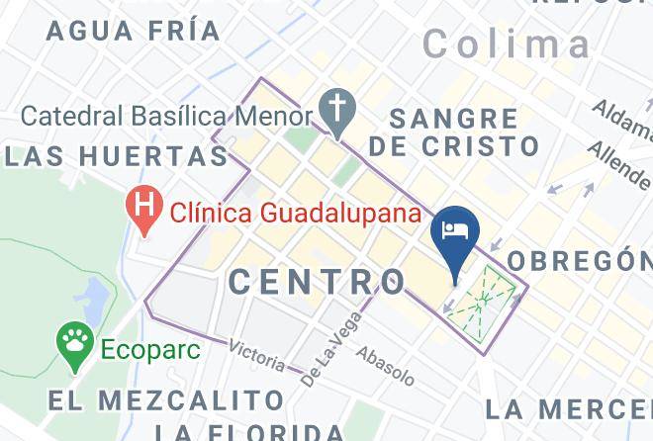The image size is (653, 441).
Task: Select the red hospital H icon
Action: [x=145, y=210]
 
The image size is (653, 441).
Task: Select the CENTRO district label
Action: [x=317, y=282]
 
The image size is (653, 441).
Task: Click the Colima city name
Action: [x=507, y=44]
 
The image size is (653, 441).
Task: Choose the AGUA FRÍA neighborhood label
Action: [x=134, y=31]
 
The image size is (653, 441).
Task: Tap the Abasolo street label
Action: [x=384, y=365]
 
